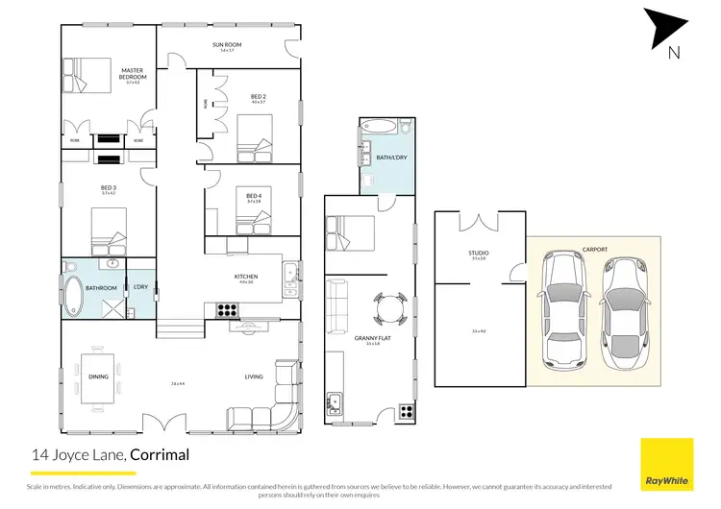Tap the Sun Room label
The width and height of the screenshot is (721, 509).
(x=226, y=45)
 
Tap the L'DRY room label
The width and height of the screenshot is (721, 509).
(x=139, y=287)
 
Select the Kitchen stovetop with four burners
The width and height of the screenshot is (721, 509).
(x=227, y=309)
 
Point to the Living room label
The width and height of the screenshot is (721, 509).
(x=254, y=376)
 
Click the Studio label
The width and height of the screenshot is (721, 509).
(x=479, y=254)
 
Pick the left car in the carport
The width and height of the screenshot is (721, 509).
(x=561, y=308)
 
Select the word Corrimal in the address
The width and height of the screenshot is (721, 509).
(x=161, y=455)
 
